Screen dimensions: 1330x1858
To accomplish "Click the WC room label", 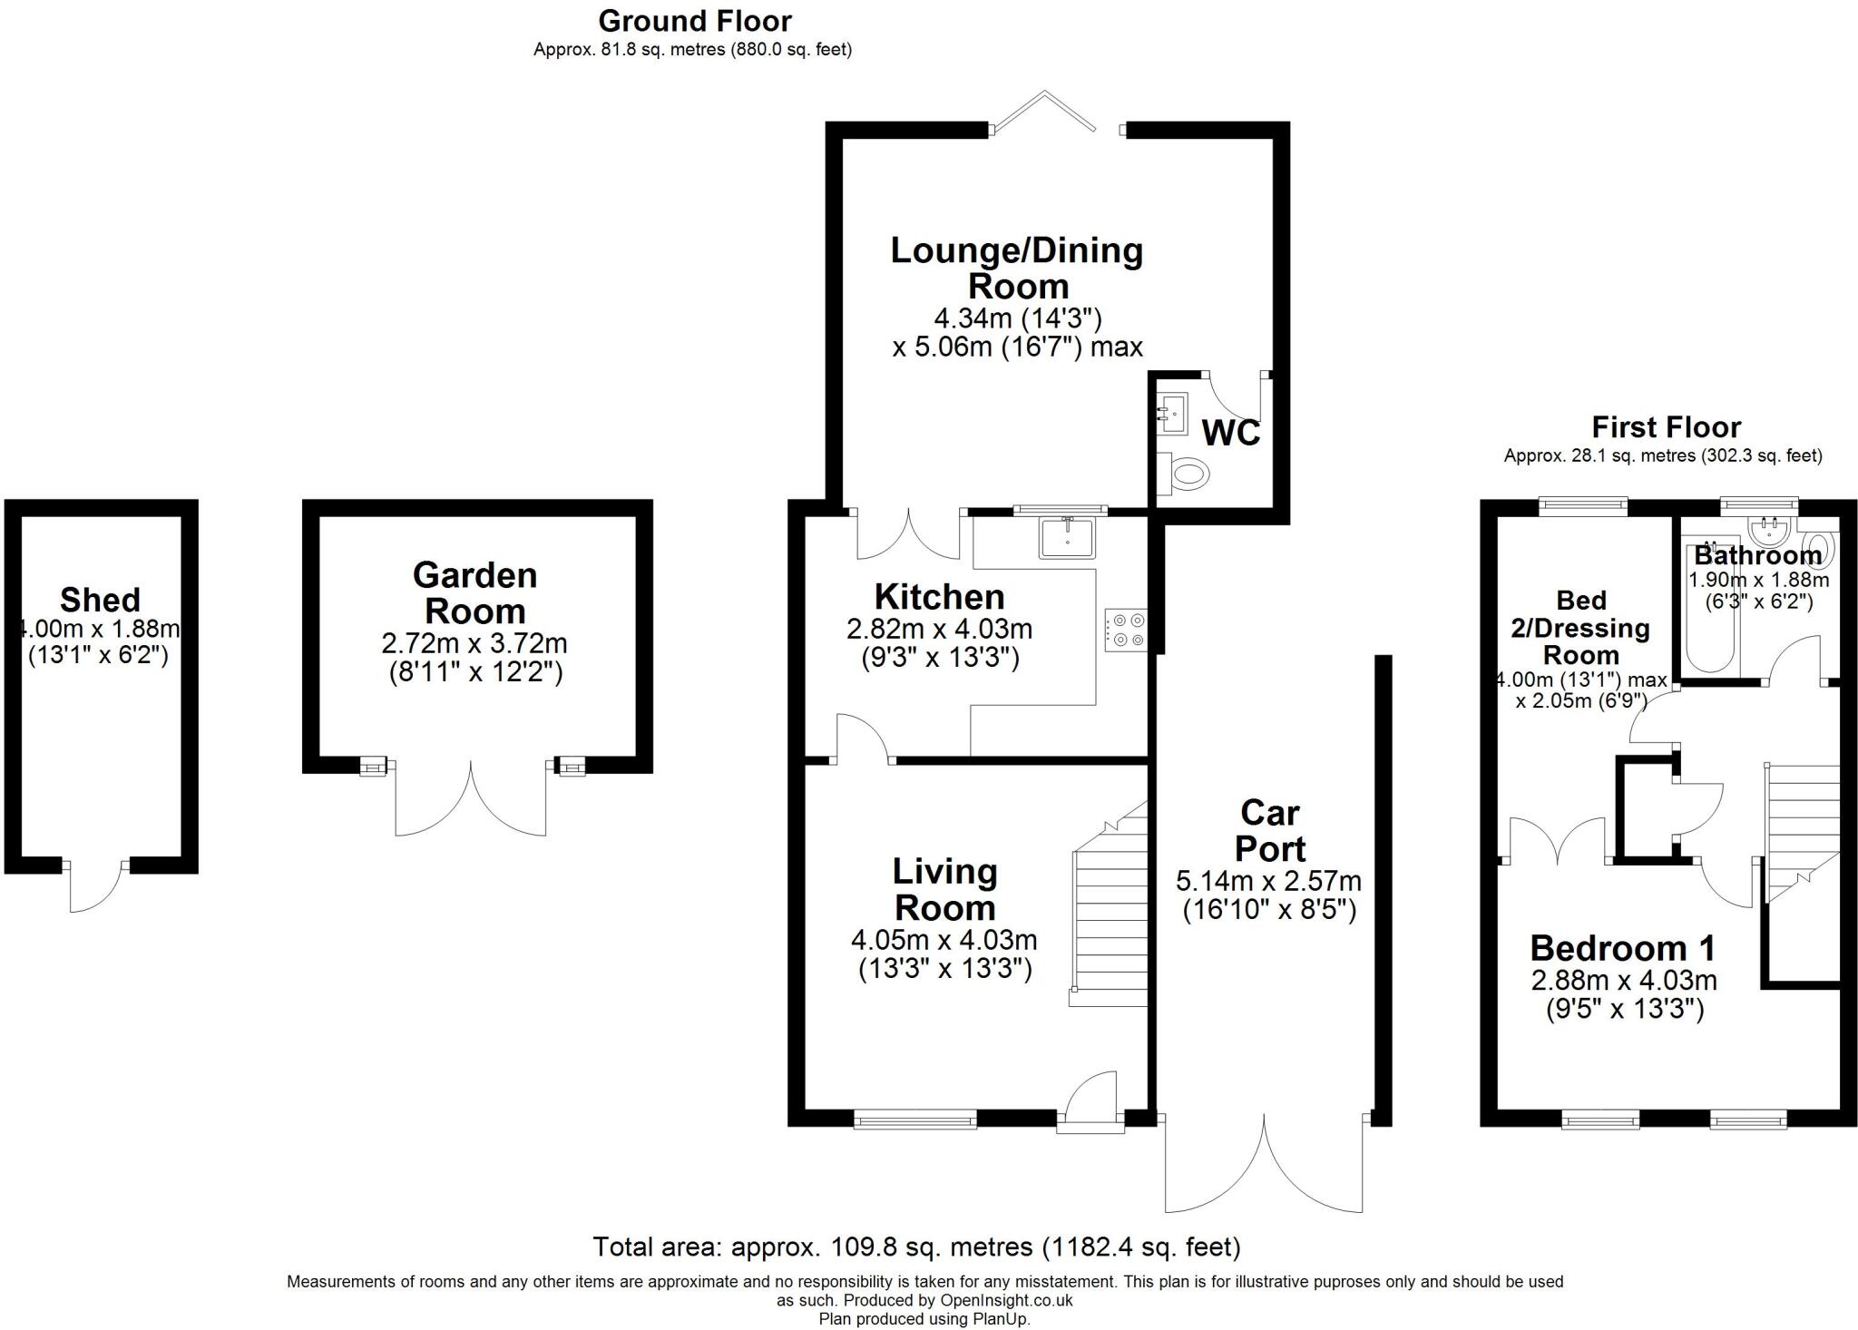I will [1230, 433].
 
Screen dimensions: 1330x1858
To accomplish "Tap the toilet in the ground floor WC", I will [1188, 473].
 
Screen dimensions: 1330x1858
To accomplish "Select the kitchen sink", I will [1069, 537].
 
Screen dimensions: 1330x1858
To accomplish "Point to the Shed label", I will [100, 600].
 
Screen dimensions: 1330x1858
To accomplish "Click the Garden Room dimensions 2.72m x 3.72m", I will [474, 643].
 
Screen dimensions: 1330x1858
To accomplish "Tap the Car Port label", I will [1270, 830].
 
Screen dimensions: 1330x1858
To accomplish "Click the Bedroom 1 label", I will [1622, 948].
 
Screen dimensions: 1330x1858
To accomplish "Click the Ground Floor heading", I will [695, 20].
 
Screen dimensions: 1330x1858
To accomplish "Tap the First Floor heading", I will [1666, 426].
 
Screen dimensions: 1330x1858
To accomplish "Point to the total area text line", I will [916, 1247].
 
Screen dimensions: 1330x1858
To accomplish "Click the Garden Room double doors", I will [471, 803].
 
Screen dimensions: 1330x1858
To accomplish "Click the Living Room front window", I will [914, 1120].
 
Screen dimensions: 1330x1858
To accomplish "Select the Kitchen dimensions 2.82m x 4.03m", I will [939, 628].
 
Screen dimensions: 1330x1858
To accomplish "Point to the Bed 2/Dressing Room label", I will [1580, 627].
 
